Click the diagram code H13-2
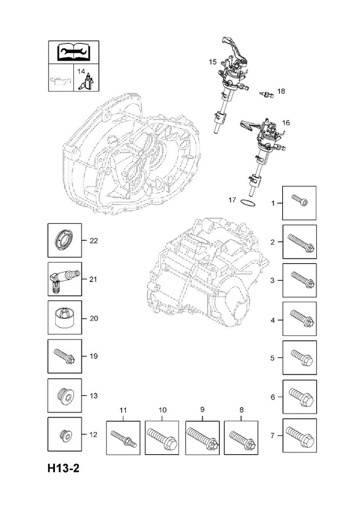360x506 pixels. [x=63, y=468]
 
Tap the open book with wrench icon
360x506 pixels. [x=73, y=52]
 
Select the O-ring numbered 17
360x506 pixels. [x=247, y=202]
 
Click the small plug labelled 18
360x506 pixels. [x=267, y=94]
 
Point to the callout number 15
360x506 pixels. [x=213, y=61]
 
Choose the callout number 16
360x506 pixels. [x=286, y=123]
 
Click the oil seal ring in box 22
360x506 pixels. [x=65, y=240]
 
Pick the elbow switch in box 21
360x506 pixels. [x=64, y=280]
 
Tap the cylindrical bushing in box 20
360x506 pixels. [x=65, y=318]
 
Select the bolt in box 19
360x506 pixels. [x=65, y=356]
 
